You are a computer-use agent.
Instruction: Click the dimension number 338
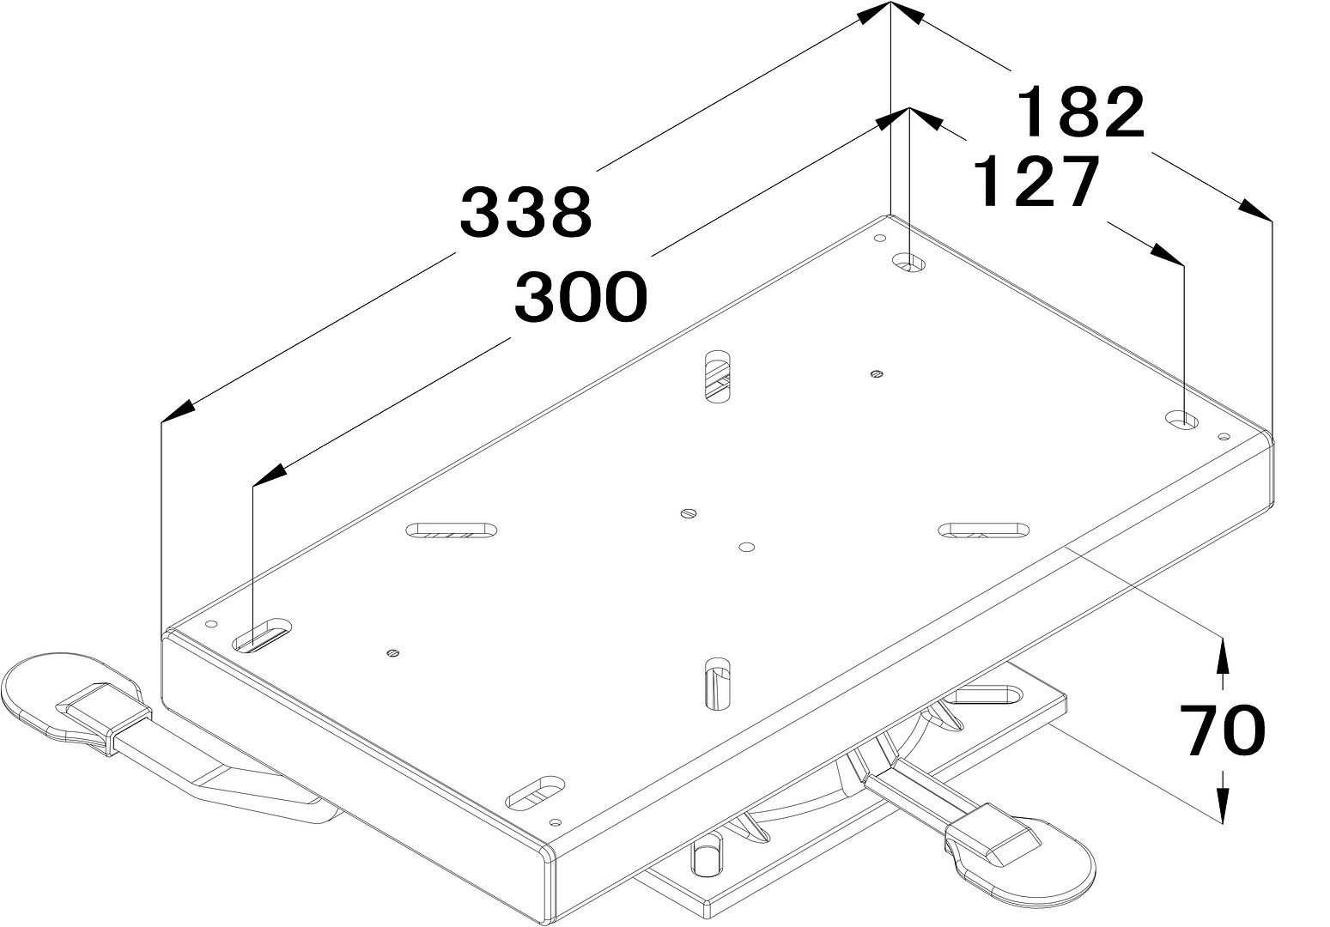click(526, 211)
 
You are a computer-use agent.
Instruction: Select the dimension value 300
click(580, 296)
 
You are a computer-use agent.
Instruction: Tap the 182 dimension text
click(1081, 112)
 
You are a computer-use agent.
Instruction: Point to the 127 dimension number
click(1035, 181)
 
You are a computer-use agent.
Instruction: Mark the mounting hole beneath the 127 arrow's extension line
click(1181, 421)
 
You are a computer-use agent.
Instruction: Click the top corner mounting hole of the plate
click(909, 262)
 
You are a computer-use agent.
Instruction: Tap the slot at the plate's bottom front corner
click(535, 793)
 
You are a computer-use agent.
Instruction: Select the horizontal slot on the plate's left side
click(452, 530)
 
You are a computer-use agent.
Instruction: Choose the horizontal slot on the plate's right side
click(984, 530)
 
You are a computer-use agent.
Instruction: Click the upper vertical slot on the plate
click(717, 376)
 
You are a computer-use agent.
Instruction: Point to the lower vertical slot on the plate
click(717, 684)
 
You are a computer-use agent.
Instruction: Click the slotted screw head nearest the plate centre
click(688, 513)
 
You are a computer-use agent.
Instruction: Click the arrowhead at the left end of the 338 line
click(178, 411)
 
